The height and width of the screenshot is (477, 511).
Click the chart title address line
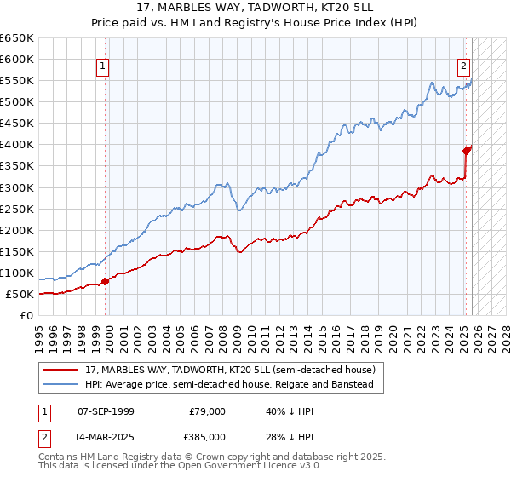point(255,8)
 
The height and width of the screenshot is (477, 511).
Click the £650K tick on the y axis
point(17,38)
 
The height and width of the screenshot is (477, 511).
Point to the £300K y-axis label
point(17,187)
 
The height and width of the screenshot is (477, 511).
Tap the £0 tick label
point(26,315)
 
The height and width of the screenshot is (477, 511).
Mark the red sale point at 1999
point(105,281)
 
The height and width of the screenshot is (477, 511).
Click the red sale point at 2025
point(466,151)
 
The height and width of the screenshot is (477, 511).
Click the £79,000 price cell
point(207,411)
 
